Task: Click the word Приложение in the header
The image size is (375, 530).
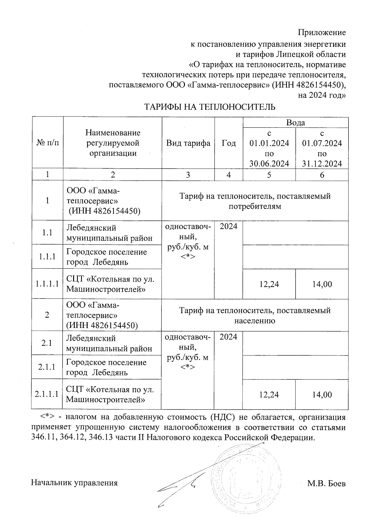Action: pos(322,32)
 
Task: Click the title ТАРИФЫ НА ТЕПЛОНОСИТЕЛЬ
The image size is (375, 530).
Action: pos(210,107)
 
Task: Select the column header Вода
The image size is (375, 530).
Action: pos(295,123)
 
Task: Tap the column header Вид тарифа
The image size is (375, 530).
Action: pos(188,143)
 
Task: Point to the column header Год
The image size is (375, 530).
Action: pos(229,143)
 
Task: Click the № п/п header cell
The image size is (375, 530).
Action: pos(47,143)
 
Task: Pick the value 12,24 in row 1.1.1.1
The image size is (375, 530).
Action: pos(269,284)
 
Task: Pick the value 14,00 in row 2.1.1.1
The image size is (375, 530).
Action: pos(322,395)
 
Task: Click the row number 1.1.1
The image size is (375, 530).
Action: pos(47,257)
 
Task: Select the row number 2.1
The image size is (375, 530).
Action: pos(47,343)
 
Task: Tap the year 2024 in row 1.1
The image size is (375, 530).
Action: pos(228,226)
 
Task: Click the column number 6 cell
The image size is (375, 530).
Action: pos(322,175)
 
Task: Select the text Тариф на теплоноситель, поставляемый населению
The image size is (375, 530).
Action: pos(255,315)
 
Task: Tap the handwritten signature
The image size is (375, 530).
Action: pos(181,487)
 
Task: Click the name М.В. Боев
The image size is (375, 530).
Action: pos(326,484)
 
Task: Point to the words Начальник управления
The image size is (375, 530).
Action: pos(74,483)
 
